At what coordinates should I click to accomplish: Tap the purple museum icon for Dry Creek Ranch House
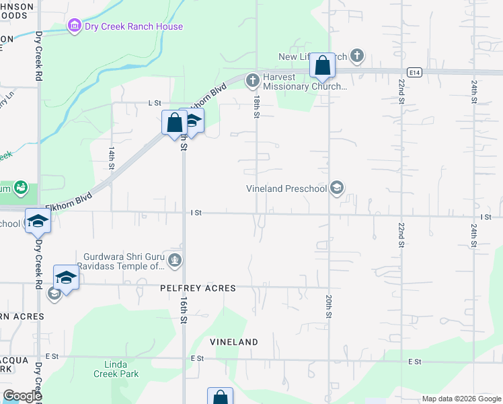(x=73, y=27)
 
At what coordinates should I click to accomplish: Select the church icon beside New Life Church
(x=357, y=55)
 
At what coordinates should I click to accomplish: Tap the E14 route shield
(x=414, y=71)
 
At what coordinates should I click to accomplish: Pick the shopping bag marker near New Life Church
(x=323, y=67)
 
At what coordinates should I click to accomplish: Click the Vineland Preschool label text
(x=286, y=189)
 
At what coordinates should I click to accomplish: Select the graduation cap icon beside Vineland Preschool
(x=338, y=188)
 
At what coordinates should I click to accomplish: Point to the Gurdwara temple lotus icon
(x=176, y=260)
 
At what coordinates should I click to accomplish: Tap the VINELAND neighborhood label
(x=233, y=342)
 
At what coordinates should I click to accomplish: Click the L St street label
(x=155, y=103)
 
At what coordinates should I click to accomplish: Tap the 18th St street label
(x=257, y=106)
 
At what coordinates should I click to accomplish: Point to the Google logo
(x=22, y=396)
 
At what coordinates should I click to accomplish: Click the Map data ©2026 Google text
(x=461, y=399)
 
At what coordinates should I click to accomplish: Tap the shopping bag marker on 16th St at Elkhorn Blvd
(x=174, y=123)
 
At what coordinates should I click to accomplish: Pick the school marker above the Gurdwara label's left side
(x=66, y=277)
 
